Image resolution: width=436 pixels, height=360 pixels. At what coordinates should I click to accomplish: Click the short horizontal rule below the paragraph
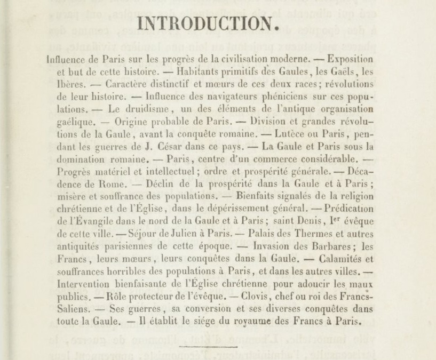(x=200, y=347)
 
